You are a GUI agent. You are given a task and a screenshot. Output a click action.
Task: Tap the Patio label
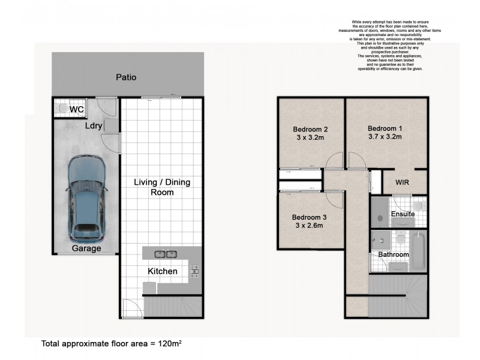tap(126, 77)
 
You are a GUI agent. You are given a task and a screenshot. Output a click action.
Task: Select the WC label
tap(77, 110)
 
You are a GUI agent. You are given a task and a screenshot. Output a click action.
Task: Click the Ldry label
tap(93, 126)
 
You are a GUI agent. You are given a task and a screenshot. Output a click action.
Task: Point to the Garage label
tap(86, 248)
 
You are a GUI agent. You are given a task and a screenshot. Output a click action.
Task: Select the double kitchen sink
tap(165, 254)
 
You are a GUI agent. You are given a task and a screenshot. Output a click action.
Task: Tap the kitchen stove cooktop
tap(194, 272)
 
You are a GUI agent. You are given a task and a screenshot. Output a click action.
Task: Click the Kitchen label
tap(162, 271)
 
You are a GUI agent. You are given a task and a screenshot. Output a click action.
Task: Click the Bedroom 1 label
tap(385, 128)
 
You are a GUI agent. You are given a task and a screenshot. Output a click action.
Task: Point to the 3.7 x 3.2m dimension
tap(385, 137)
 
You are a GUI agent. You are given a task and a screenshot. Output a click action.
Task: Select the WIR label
tap(403, 182)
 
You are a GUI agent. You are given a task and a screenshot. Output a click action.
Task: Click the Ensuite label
tap(402, 214)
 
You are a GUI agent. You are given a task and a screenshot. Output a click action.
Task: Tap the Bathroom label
tap(393, 254)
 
